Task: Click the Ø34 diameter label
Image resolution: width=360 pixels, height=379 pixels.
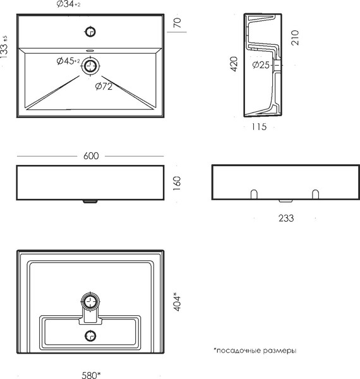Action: tap(68, 4)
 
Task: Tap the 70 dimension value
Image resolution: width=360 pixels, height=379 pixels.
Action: tap(177, 23)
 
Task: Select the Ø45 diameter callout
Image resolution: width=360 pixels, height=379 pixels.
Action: tap(68, 61)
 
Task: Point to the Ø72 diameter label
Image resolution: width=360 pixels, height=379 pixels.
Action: tap(104, 86)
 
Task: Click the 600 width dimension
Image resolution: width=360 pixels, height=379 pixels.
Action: tap(91, 156)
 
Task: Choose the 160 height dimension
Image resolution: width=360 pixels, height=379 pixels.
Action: tap(177, 183)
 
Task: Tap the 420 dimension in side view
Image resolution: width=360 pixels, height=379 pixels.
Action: tap(234, 64)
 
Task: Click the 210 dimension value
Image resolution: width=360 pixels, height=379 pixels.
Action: tap(295, 38)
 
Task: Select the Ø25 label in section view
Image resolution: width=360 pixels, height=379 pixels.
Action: tap(261, 65)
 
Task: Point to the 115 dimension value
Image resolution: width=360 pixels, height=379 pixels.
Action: tap(259, 127)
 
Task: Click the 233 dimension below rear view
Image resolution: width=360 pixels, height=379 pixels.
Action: tap(286, 219)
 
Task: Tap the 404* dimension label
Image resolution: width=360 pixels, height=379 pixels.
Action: tap(177, 302)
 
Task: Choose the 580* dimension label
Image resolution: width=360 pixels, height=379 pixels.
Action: tap(91, 375)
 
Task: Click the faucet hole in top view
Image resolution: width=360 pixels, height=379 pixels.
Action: tap(90, 32)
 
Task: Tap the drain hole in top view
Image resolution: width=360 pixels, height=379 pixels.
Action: tap(90, 66)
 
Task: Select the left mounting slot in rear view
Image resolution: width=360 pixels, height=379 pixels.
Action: tap(254, 195)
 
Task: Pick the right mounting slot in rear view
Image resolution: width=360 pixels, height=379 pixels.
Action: tap(315, 195)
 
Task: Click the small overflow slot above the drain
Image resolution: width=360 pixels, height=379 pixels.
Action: tap(90, 51)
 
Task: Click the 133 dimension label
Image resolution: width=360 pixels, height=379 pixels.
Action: tap(4, 47)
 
